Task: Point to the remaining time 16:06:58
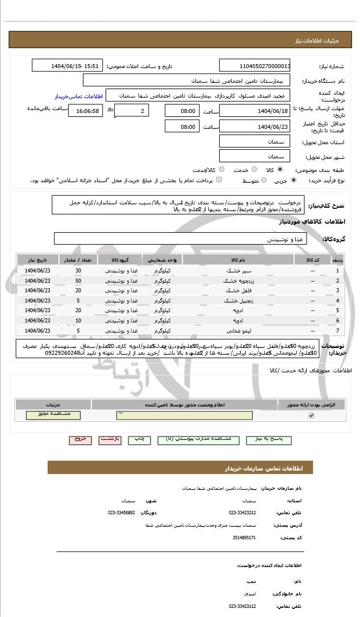click(85, 111)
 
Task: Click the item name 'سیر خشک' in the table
click(238, 270)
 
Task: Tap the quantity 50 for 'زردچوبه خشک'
click(78, 280)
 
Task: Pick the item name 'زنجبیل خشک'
click(238, 300)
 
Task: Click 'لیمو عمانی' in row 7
click(238, 330)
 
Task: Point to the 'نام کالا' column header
click(238, 260)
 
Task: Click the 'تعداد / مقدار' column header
click(78, 260)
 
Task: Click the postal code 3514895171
click(245, 537)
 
